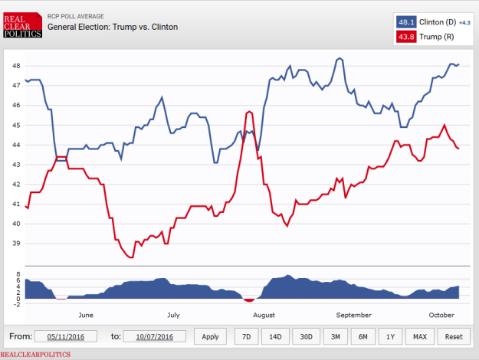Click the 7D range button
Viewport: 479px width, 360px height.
[245, 336]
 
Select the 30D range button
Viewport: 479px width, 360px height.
[306, 336]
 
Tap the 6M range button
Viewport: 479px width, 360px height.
[363, 336]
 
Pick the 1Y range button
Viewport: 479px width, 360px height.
[390, 336]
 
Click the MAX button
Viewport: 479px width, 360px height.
[419, 336]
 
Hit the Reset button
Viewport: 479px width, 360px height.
[453, 336]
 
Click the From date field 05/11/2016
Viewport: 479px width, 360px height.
[70, 336]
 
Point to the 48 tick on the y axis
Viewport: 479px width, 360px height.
[16, 66]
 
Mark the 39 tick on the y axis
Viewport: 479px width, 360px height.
[16, 244]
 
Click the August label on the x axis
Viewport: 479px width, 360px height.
[264, 315]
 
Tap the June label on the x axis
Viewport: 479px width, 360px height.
[86, 315]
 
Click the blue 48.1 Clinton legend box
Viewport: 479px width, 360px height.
[407, 22]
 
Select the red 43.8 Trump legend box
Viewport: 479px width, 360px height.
[407, 37]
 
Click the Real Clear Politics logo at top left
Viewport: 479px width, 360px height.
[22, 26]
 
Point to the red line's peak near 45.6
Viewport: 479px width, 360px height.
[249, 112]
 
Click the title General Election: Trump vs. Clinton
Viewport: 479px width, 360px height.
[113, 27]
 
